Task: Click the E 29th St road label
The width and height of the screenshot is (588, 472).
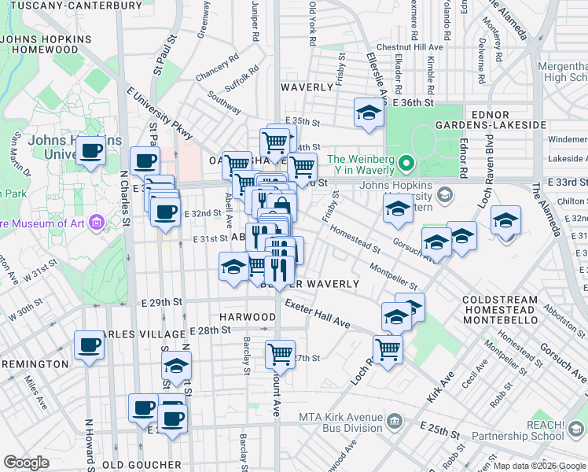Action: (162, 302)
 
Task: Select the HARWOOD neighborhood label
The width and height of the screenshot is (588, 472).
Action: (247, 316)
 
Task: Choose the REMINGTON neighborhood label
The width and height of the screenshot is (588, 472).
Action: (35, 364)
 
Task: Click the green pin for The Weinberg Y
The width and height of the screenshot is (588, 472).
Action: (406, 164)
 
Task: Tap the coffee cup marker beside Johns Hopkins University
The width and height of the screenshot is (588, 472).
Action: (91, 151)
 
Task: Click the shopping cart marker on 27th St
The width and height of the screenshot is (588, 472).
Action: (280, 354)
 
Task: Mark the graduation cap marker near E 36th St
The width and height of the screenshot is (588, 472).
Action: (368, 112)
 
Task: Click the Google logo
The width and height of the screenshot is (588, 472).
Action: (27, 463)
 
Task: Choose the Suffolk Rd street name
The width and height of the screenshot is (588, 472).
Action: (242, 74)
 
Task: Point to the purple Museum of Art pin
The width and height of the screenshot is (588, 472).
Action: (97, 222)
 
